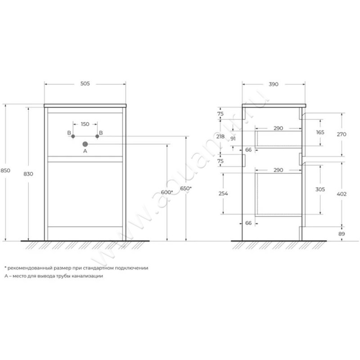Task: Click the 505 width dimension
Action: coord(85,84)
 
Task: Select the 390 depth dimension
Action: coord(274,84)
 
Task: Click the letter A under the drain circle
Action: coord(85,152)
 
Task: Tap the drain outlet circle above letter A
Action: coord(85,144)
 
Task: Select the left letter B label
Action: coord(69,133)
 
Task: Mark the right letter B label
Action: coord(101,133)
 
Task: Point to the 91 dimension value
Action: coord(233,139)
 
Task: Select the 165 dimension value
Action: coord(320,133)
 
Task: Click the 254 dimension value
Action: coord(223,193)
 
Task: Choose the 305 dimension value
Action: coord(320,189)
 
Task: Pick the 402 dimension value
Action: coord(341,193)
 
